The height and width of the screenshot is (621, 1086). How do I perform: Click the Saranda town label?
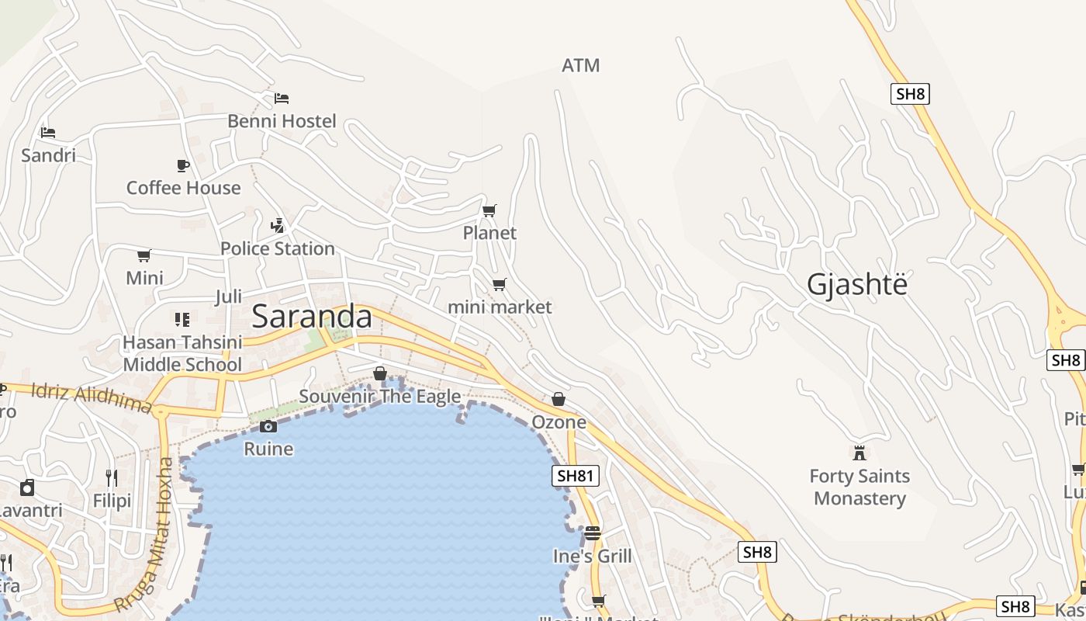(312, 317)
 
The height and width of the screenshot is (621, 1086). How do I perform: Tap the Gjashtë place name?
(856, 285)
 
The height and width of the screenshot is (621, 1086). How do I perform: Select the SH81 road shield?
(576, 476)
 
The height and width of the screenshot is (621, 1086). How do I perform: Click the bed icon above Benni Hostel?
(282, 99)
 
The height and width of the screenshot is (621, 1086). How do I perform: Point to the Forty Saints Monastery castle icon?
(859, 453)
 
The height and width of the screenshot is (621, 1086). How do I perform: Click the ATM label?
(581, 66)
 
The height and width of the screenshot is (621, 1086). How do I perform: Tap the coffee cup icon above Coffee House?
(183, 165)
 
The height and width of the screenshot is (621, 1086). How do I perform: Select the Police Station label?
(278, 248)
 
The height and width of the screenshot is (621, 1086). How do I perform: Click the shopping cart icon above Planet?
(489, 210)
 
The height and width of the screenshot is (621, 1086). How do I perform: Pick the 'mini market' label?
(500, 307)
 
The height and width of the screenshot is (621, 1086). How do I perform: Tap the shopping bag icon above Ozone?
(559, 399)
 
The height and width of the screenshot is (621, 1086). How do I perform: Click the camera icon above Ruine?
(268, 426)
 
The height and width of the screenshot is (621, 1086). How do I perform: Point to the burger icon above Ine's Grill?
(593, 533)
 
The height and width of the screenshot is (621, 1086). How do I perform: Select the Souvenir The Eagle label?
(380, 397)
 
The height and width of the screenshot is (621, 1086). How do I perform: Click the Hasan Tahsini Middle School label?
(183, 353)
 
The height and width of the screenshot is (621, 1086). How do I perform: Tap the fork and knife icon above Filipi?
(112, 477)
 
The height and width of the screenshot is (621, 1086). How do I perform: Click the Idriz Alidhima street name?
(92, 397)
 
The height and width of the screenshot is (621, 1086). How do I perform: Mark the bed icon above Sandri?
(48, 133)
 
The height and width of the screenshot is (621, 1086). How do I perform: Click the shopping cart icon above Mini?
(144, 255)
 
